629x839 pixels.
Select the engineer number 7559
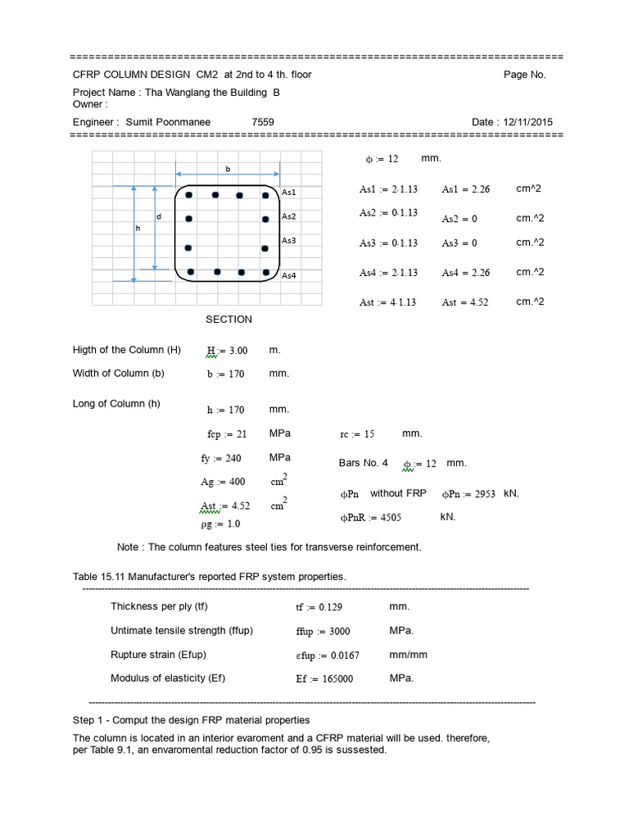[x=263, y=122]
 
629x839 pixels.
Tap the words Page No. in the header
[x=524, y=75]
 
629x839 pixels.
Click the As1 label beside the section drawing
[x=289, y=192]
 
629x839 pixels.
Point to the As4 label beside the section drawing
[x=289, y=276]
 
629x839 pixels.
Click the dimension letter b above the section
[x=228, y=168]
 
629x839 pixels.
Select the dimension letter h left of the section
[x=138, y=229]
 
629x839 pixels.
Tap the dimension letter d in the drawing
[x=159, y=216]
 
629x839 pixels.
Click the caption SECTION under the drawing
[x=229, y=319]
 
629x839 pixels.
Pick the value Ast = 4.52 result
[x=464, y=302]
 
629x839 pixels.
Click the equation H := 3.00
[x=227, y=351]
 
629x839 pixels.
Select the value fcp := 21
[x=227, y=434]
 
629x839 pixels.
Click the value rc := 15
[x=357, y=434]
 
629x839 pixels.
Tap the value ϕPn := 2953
[x=468, y=494]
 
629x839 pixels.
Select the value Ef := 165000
[x=324, y=679]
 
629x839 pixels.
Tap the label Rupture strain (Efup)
[x=158, y=655]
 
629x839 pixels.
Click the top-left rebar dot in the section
[x=188, y=195]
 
